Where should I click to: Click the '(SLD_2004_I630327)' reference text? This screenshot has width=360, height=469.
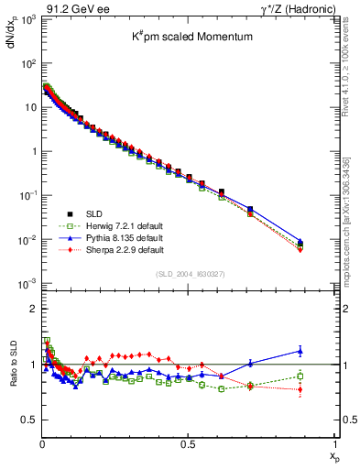click(x=189, y=273)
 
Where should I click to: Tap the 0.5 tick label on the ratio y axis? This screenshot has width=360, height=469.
click(x=29, y=420)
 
